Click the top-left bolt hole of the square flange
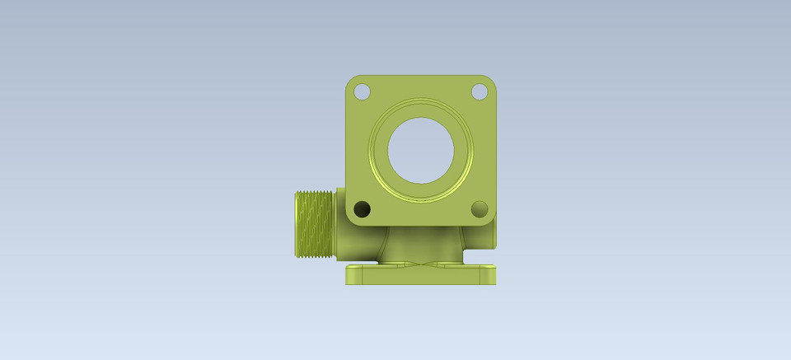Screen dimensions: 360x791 pos(362,91)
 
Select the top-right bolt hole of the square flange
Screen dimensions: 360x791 pos(480,91)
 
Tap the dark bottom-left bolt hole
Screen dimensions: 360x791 pos(362,209)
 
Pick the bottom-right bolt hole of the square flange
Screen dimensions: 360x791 pos(480,209)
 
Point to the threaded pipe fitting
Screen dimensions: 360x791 pos(314,223)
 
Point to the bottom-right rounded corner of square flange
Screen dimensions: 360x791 pos(491,220)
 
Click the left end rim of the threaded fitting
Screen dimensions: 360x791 pos(296,223)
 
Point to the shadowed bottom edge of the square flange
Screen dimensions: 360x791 pos(421,225)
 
